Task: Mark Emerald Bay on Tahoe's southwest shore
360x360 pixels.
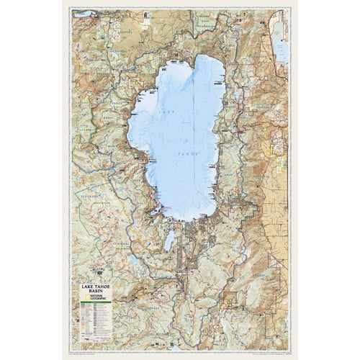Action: (153, 209)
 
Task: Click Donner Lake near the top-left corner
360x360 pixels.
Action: (83, 13)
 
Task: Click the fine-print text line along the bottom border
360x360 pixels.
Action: (180, 353)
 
